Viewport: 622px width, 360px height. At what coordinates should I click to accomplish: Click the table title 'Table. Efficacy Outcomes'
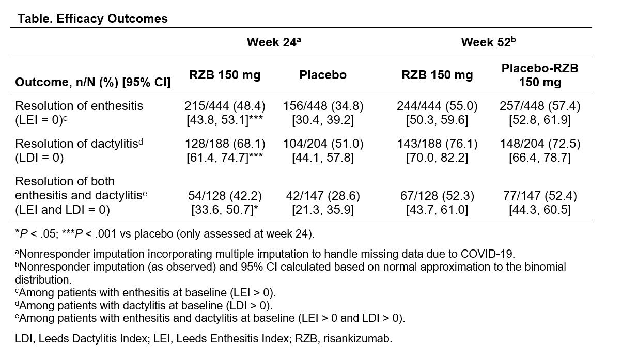point(93,19)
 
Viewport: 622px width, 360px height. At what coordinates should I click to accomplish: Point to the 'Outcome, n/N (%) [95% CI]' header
point(93,82)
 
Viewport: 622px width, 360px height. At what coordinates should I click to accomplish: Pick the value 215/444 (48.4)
point(225,106)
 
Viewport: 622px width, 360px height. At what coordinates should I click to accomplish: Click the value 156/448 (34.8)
point(323,106)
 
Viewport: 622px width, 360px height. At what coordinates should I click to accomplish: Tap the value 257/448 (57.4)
point(540,106)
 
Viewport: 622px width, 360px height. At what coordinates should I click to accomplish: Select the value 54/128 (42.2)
point(225,196)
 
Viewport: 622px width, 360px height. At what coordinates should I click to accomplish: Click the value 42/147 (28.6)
point(323,196)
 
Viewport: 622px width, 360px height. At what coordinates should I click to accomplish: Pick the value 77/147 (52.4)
point(540,196)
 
